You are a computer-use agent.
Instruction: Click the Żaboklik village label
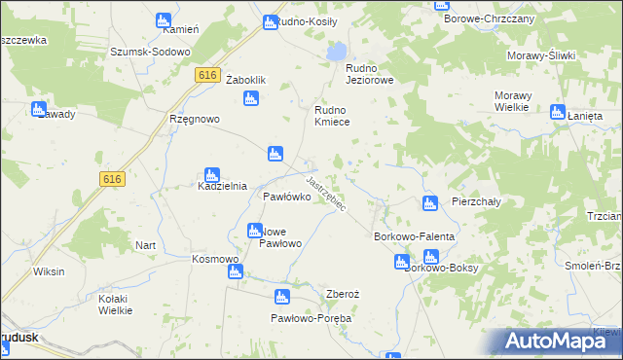(246, 80)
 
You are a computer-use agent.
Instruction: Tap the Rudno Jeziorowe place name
(370, 74)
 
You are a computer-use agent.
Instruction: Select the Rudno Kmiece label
(338, 117)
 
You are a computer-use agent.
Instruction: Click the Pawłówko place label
(287, 197)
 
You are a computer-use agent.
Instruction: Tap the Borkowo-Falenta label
(416, 236)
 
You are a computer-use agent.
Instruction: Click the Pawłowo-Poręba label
(311, 318)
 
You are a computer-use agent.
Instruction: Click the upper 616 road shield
(204, 75)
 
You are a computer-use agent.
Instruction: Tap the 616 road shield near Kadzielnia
(112, 178)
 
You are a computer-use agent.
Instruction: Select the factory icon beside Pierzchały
(429, 203)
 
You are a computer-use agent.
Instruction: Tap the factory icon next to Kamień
(164, 20)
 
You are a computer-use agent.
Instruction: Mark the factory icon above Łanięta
(558, 112)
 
